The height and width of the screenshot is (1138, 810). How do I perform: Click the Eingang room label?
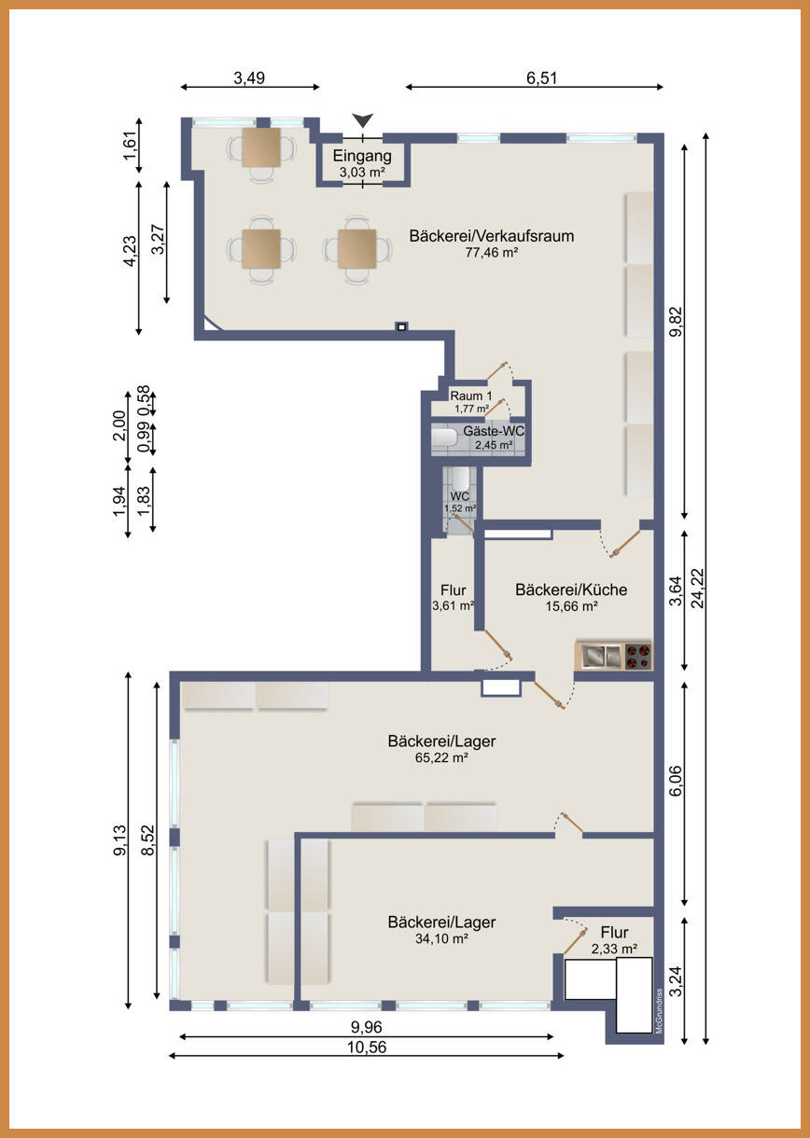coord(362,157)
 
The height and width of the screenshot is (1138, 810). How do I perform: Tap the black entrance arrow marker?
coord(363,120)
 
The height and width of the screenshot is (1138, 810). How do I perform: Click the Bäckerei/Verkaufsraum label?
coord(492,236)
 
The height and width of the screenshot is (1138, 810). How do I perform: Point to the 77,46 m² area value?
coord(492,253)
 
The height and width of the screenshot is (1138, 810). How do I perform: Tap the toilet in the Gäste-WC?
coord(444,437)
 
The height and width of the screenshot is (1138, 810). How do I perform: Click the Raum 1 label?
coord(471,396)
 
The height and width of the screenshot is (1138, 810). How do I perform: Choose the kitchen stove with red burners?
coord(637,657)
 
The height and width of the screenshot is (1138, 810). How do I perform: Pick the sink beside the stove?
coord(601,656)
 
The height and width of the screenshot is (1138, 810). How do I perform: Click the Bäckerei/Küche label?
coord(571,590)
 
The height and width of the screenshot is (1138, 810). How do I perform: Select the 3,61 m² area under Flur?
coord(454,605)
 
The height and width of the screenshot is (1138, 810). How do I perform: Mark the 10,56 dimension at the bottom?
coord(367,1048)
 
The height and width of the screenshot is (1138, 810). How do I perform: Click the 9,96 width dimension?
coord(367,1027)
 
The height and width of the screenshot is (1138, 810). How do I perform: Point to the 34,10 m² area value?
coord(441,938)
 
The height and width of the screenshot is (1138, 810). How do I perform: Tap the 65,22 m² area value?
coord(441,757)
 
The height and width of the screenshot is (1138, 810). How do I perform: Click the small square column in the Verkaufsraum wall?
coord(402,326)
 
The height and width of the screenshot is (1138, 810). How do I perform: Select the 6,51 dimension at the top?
coord(541,78)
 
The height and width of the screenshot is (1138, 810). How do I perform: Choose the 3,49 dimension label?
coord(249,78)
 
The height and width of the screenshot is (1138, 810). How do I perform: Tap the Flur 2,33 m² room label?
coord(614,940)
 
